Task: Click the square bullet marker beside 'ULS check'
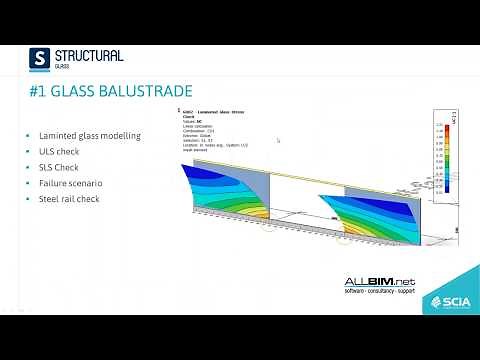29,151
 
